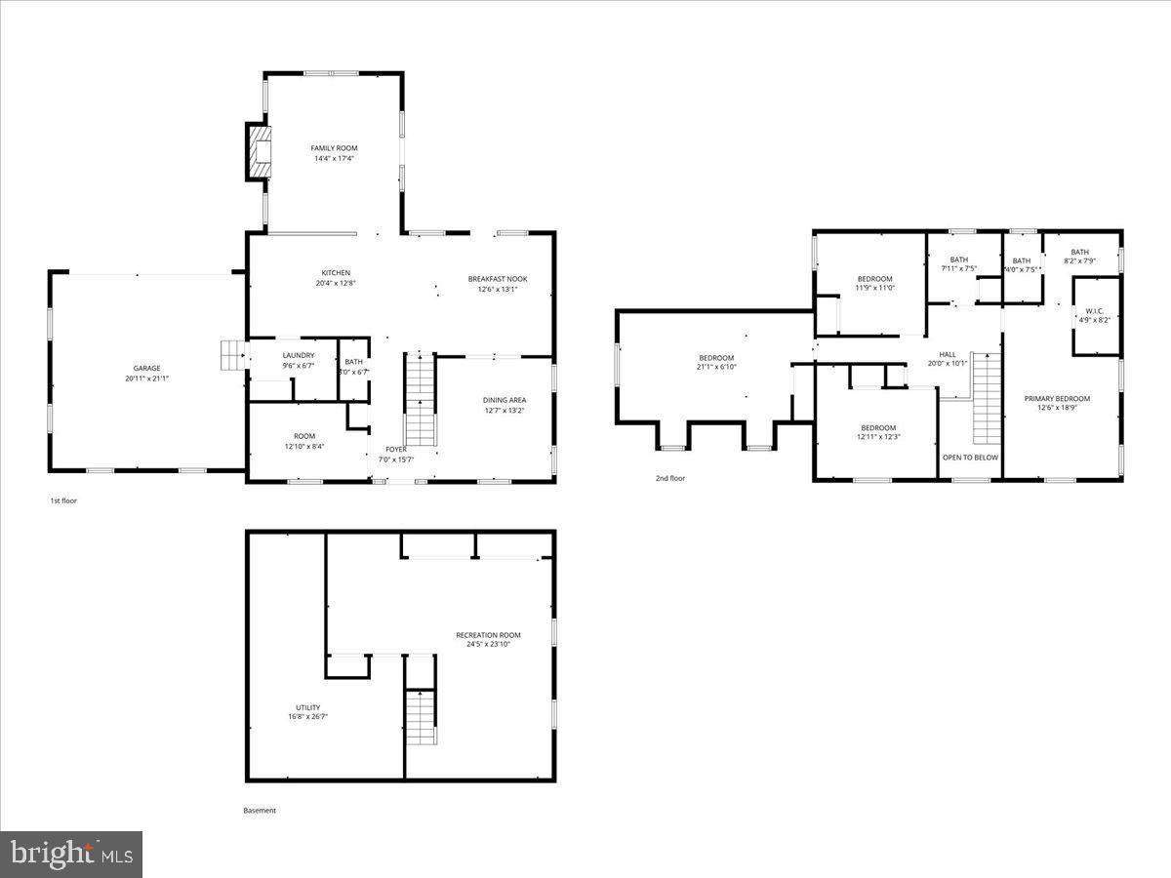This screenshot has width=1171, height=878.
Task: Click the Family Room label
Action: pyautogui.click(x=334, y=148)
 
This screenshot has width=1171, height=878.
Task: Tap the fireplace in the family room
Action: pyautogui.click(x=259, y=152)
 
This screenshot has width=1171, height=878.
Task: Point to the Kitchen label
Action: pyautogui.click(x=336, y=273)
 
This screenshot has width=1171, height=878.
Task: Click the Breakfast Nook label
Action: pyautogui.click(x=497, y=279)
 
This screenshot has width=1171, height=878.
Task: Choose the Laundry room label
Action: pyautogui.click(x=299, y=355)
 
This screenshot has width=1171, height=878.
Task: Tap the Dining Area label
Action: pyautogui.click(x=505, y=400)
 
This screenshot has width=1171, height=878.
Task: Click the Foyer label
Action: pyautogui.click(x=395, y=450)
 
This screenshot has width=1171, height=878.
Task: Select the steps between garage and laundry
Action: pyautogui.click(x=233, y=355)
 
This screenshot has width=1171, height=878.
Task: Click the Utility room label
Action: pyautogui.click(x=307, y=708)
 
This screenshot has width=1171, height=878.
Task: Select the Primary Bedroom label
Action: pyautogui.click(x=1057, y=399)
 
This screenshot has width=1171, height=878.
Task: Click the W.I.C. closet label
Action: pyautogui.click(x=1094, y=312)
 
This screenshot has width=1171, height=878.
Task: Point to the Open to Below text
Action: pyautogui.click(x=970, y=457)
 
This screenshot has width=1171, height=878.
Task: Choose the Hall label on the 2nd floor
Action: pyautogui.click(x=948, y=354)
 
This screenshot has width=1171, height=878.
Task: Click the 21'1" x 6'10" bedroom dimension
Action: pyautogui.click(x=716, y=367)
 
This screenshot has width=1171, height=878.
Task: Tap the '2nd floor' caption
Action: pyautogui.click(x=670, y=478)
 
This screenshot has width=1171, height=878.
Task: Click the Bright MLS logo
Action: pyautogui.click(x=71, y=855)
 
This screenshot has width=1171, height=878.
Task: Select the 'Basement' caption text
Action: pyautogui.click(x=260, y=810)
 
